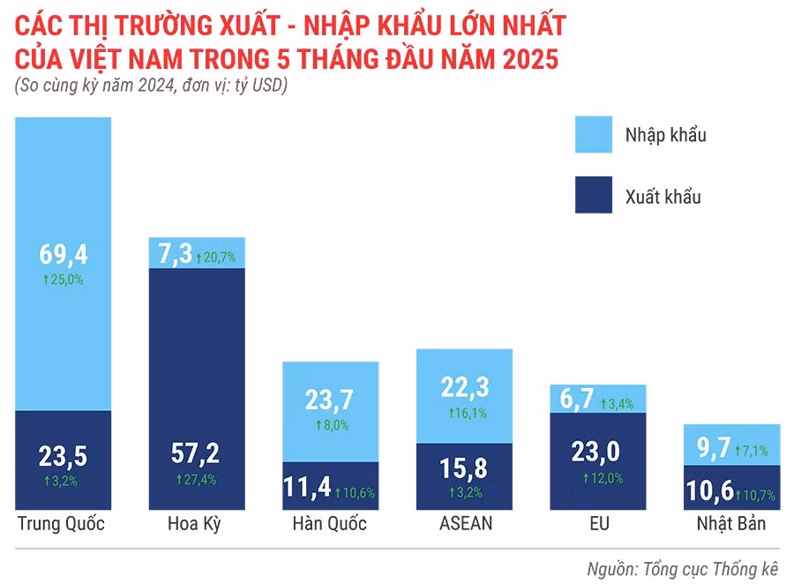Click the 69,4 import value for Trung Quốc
point(63,255)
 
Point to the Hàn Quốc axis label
point(329,524)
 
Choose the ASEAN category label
point(465,524)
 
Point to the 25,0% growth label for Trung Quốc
point(63,279)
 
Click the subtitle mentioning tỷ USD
point(151,86)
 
